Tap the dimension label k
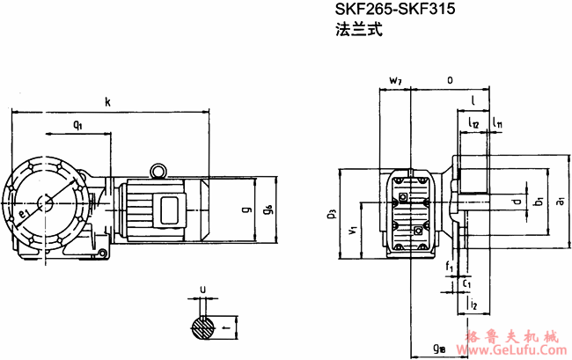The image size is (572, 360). pos(107,103)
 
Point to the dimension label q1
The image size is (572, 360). pos(77,125)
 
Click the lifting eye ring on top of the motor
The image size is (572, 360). pos(158,171)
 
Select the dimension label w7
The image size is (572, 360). pos(395,81)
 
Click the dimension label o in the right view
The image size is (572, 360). pos(450,80)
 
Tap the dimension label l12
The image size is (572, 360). pos(473,125)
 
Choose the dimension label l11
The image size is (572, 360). pos(497,125)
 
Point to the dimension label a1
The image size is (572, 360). pos(561,203)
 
